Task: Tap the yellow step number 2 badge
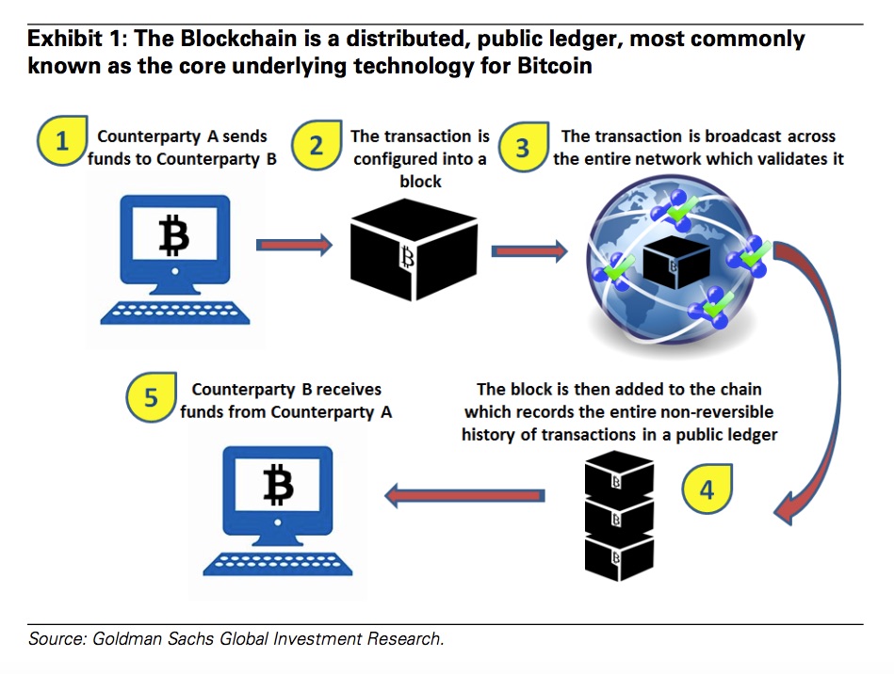(x=317, y=146)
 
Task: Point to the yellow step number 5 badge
(x=151, y=398)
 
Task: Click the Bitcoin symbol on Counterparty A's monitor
(x=173, y=235)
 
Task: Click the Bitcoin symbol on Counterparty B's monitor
(x=278, y=486)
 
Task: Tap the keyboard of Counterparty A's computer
(x=173, y=310)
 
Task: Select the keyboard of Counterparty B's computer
(x=277, y=561)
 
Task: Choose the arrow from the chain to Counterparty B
(x=465, y=495)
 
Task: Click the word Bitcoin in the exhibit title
(x=558, y=67)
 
